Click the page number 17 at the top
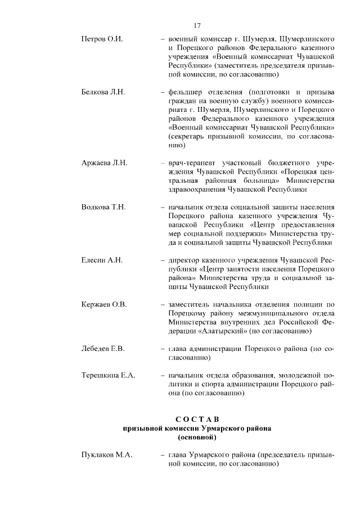click(x=197, y=25)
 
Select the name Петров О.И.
click(x=102, y=40)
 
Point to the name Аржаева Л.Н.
click(x=105, y=163)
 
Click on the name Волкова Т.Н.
click(x=104, y=207)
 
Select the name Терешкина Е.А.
click(x=109, y=375)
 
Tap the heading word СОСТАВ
click(x=196, y=419)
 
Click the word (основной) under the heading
click(x=197, y=436)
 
